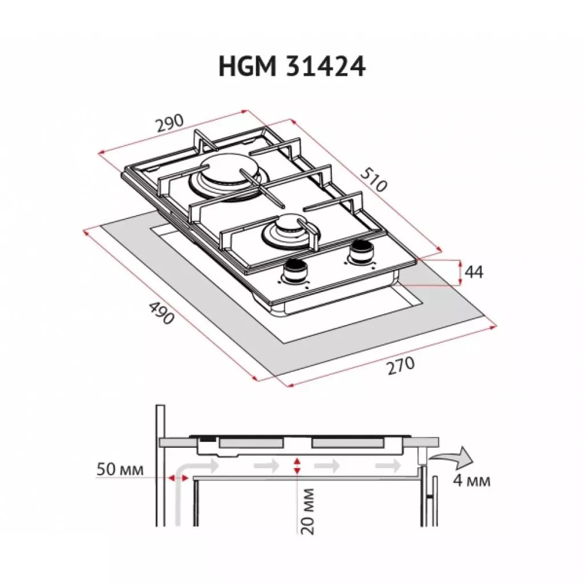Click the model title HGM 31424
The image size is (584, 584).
click(x=291, y=67)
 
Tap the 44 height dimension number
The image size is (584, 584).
click(x=473, y=273)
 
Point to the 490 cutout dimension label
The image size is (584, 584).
click(x=161, y=313)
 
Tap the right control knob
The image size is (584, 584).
click(x=360, y=251)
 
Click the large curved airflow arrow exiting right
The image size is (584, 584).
click(x=453, y=457)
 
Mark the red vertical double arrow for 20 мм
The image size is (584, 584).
click(x=297, y=465)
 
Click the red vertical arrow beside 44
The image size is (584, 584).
click(x=460, y=272)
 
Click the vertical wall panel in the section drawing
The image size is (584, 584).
click(x=160, y=465)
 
